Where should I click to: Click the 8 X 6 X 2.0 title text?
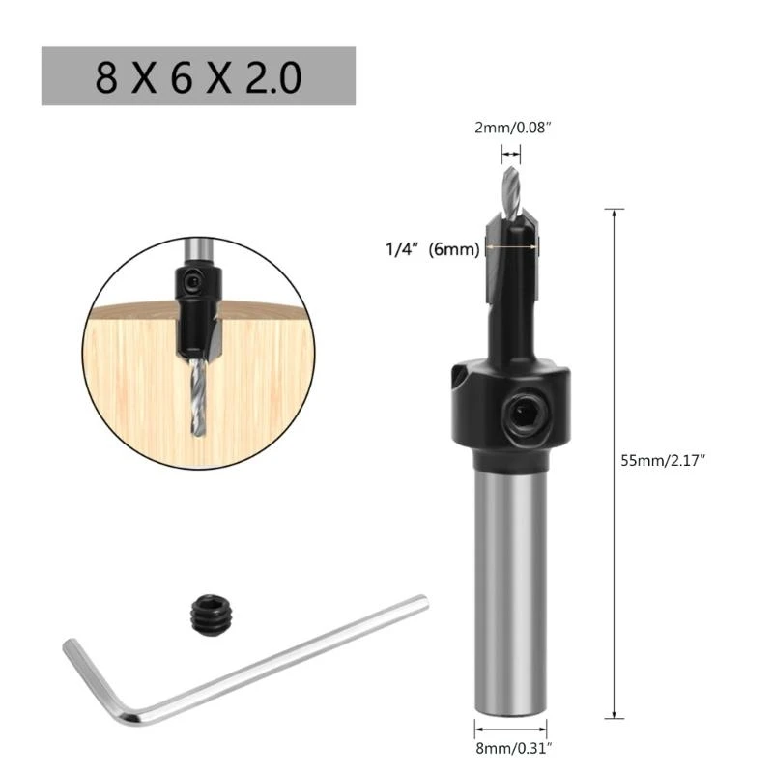click(x=197, y=76)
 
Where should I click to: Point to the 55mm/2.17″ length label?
click(x=665, y=461)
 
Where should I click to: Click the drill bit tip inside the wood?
click(x=198, y=407)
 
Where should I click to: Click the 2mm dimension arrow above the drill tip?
click(x=511, y=152)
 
